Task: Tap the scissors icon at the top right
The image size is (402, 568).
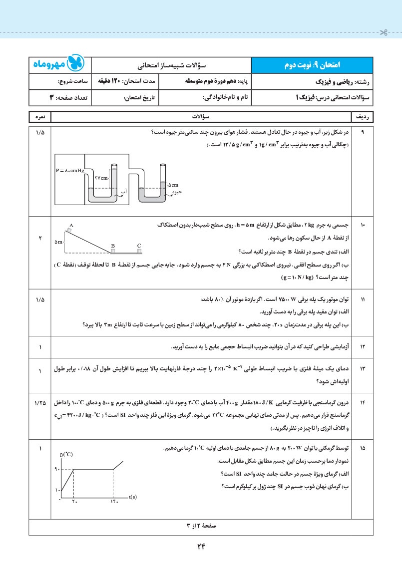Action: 383,33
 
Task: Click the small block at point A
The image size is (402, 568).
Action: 69,231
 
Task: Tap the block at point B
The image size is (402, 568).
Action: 113,251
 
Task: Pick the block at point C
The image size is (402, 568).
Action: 139,251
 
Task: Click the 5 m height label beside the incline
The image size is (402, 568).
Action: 59,242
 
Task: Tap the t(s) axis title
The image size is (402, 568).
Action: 133,497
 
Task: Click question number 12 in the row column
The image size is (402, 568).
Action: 363,347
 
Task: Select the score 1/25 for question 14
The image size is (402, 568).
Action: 40,402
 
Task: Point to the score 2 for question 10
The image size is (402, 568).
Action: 40,238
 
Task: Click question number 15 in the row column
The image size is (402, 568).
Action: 363,449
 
